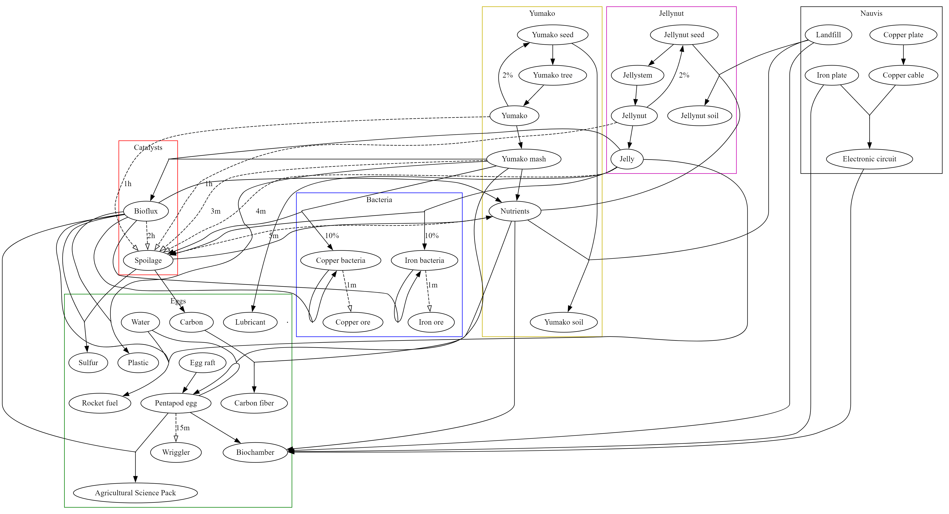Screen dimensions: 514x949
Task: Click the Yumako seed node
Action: tap(552, 35)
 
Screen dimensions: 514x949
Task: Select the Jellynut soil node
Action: tap(699, 116)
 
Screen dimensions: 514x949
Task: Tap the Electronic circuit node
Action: tap(869, 159)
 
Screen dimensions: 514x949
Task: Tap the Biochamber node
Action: tap(255, 452)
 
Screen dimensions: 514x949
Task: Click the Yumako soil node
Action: tap(563, 322)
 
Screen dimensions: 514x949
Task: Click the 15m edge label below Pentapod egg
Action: tap(183, 428)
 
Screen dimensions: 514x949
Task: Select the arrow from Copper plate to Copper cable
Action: tap(903, 55)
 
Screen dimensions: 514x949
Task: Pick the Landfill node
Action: tap(828, 35)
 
